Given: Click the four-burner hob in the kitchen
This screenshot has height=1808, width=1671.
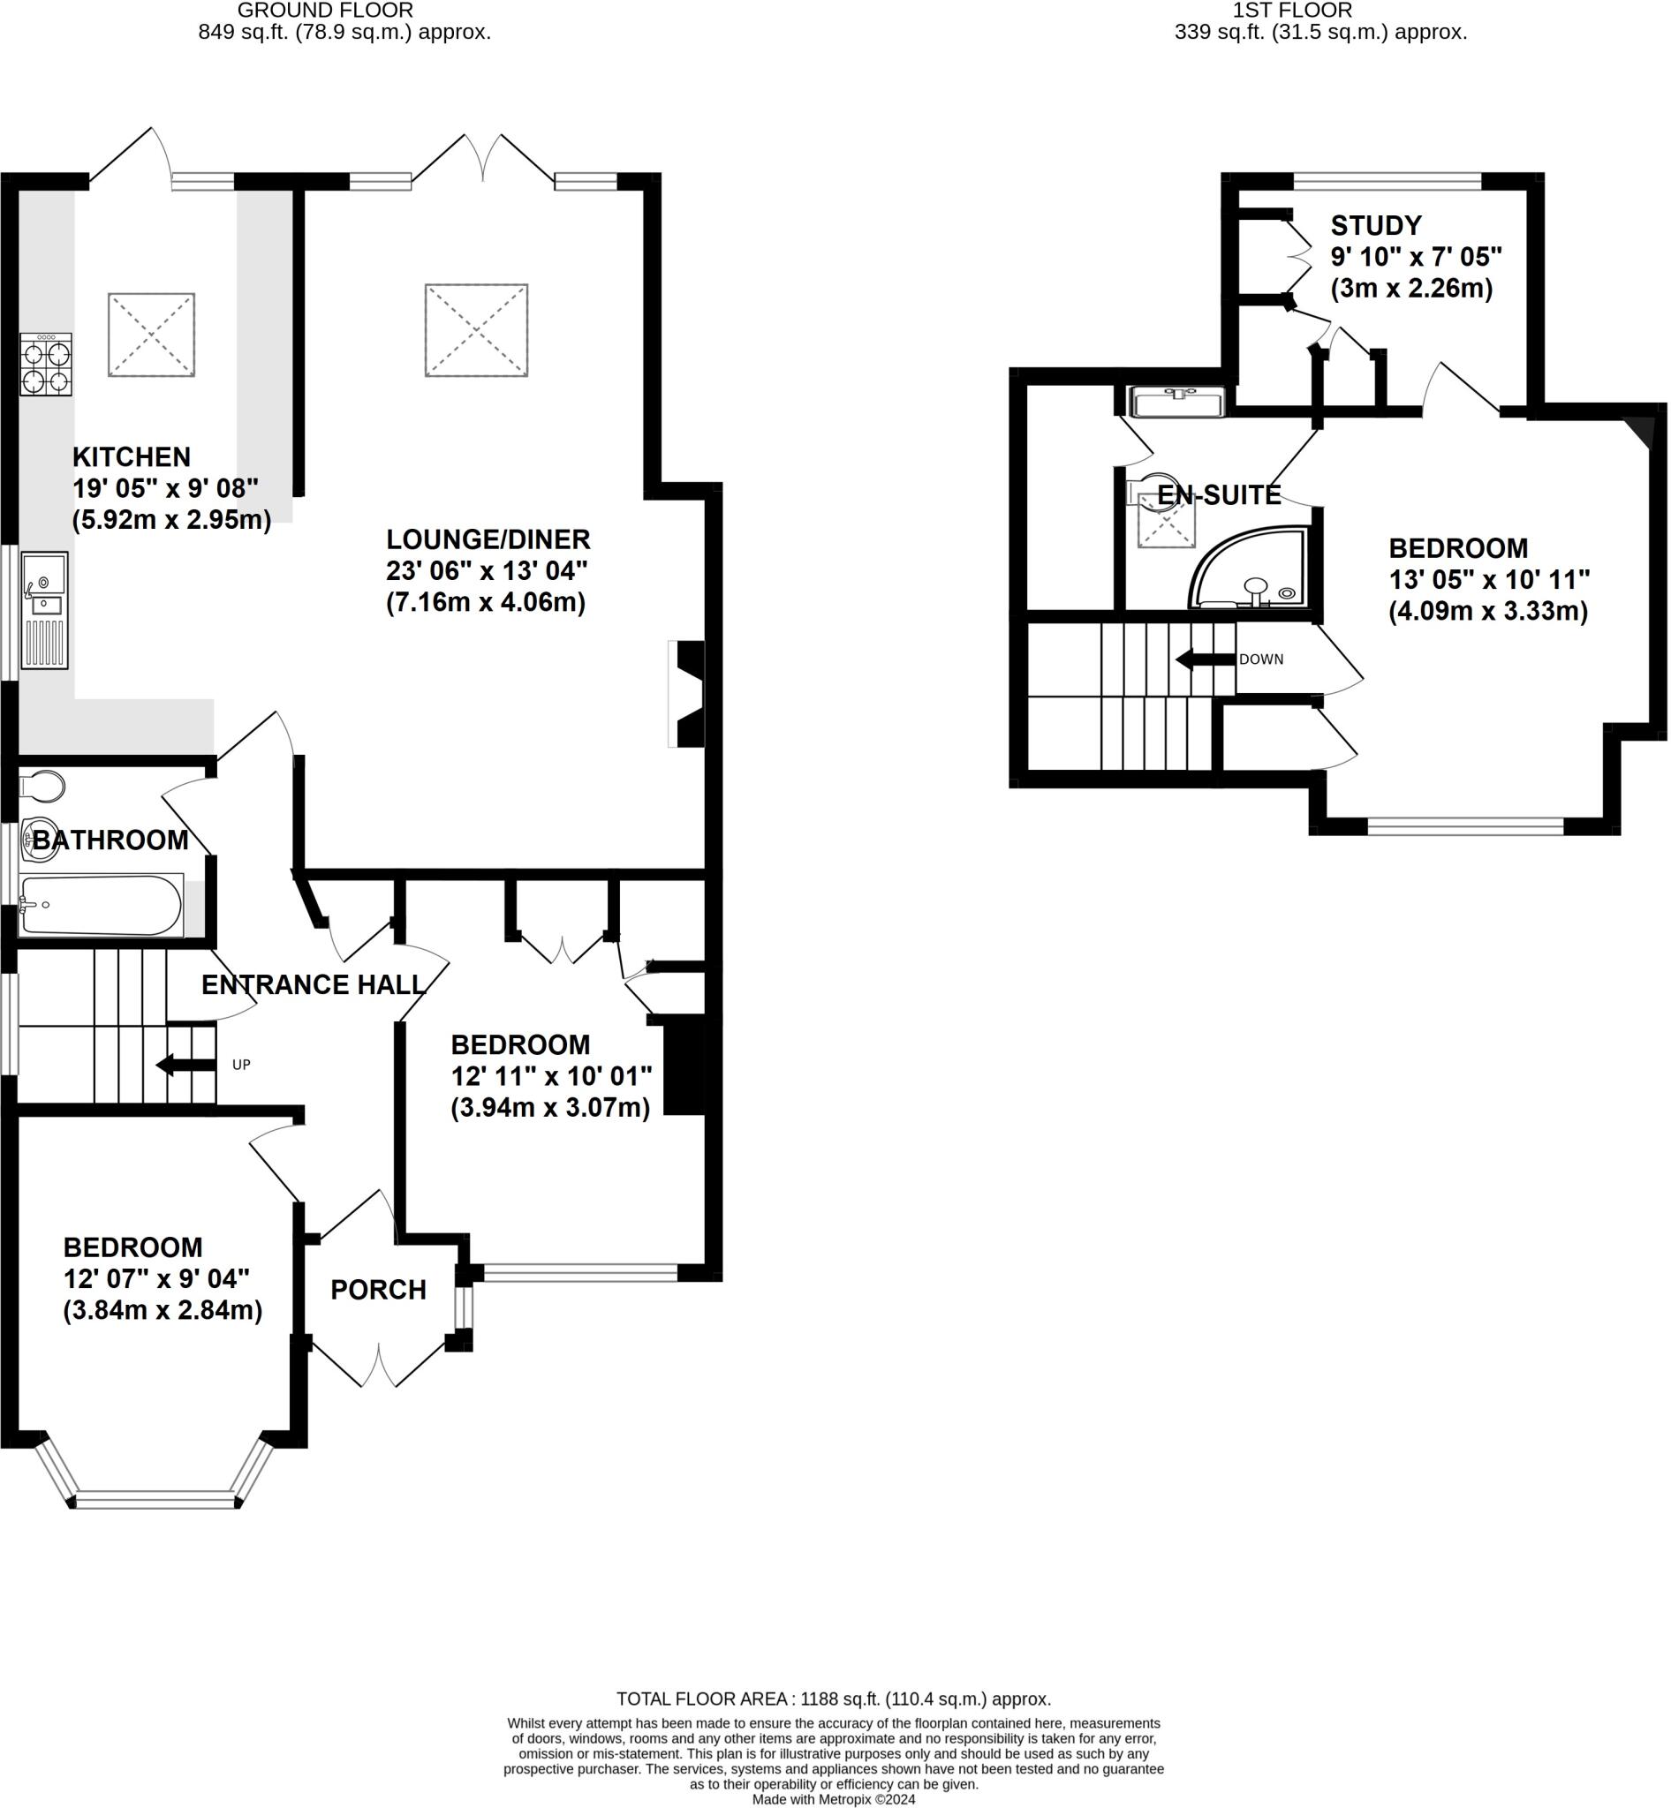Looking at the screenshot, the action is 46,365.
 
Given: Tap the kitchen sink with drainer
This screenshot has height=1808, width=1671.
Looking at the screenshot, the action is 44,610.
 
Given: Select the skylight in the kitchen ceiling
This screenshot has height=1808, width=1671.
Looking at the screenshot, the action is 151,335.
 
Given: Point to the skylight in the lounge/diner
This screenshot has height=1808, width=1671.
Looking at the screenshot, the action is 477,330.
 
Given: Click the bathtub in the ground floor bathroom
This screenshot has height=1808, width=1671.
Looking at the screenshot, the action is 102,904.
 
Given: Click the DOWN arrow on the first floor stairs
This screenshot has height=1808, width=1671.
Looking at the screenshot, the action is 1206,660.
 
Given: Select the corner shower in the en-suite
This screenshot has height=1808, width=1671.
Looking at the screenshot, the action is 1249,567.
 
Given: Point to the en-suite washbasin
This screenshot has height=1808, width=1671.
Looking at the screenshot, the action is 1178,402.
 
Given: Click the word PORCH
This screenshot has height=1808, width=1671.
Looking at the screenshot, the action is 378,1290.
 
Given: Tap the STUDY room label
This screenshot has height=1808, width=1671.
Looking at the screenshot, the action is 1376,225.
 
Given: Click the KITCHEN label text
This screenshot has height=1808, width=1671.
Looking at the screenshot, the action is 132,457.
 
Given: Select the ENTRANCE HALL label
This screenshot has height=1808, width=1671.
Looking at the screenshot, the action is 313,984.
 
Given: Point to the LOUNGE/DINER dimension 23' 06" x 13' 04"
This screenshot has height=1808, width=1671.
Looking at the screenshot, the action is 487,571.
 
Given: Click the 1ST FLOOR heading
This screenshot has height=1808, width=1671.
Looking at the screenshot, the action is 1293,11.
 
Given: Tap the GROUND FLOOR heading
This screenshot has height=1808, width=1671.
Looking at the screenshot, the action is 326,11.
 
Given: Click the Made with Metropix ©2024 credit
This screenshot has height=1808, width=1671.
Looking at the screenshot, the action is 834,1800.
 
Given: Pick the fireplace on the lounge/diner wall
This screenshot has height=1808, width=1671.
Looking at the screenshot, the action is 686,694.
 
